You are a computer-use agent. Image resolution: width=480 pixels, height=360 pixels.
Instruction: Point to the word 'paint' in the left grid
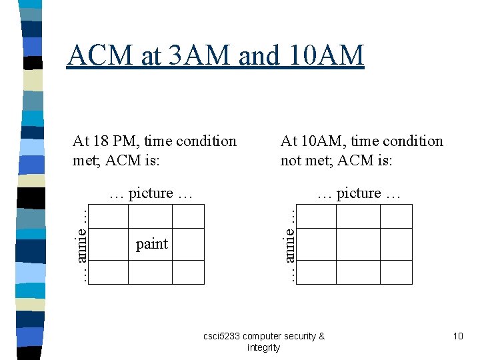coord(152,244)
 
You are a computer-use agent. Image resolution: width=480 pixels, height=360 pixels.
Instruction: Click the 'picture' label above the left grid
coord(151,193)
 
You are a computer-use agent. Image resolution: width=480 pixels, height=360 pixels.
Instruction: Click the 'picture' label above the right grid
coord(359,193)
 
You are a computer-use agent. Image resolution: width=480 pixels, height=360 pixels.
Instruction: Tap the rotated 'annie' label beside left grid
coord(81,244)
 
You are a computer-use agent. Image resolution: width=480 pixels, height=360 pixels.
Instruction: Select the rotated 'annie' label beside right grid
coord(289,244)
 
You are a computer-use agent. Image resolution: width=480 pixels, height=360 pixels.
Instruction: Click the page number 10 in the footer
coord(457,336)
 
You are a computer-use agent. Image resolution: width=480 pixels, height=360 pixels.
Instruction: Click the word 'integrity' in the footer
coord(263,347)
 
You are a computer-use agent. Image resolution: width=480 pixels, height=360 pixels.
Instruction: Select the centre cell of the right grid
coord(358,244)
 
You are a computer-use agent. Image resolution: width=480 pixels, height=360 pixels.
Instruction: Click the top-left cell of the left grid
coord(108,216)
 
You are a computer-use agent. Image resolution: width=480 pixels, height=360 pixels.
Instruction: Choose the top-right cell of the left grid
coord(188,216)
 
